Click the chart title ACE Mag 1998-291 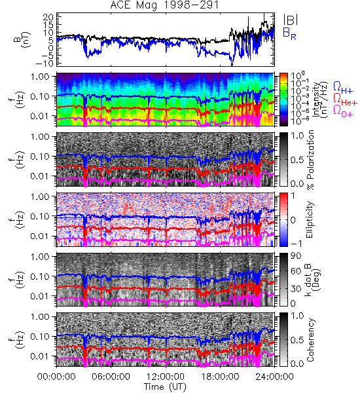(x=164, y=5)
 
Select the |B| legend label (x=291, y=20)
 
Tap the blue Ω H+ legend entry (x=343, y=88)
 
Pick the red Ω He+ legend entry (x=345, y=100)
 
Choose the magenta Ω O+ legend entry (x=343, y=111)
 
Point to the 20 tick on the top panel (x=48, y=17)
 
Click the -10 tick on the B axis (x=45, y=64)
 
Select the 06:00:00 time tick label (x=111, y=377)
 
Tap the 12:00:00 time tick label (x=166, y=377)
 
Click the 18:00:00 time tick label (x=220, y=377)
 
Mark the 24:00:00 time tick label (x=274, y=377)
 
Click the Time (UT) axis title (x=165, y=386)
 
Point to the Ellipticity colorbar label (x=310, y=219)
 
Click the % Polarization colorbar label (x=310, y=160)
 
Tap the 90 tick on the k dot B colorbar (x=295, y=256)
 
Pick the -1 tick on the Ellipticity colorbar (x=296, y=244)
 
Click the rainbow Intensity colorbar (x=283, y=100)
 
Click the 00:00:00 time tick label (x=56, y=377)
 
